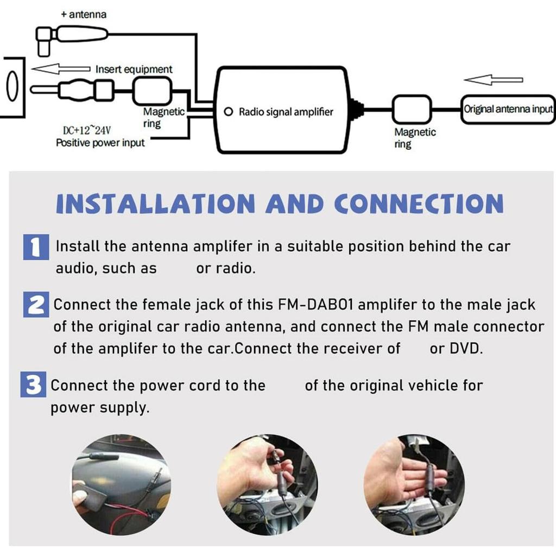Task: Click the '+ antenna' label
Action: [x=84, y=15]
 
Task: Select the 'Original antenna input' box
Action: [x=507, y=108]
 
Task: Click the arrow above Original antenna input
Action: [x=494, y=80]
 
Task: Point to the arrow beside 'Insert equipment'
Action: [x=61, y=69]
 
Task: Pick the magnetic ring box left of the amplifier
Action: [x=153, y=90]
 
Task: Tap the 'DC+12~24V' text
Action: [x=87, y=130]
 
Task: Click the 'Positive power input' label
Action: [x=100, y=143]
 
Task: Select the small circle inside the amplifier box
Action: [x=229, y=112]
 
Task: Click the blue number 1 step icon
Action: [x=36, y=247]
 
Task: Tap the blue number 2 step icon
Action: [x=36, y=305]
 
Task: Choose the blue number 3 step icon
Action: [x=34, y=386]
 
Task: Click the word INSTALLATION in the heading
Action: [x=155, y=204]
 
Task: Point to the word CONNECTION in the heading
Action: [x=419, y=204]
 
